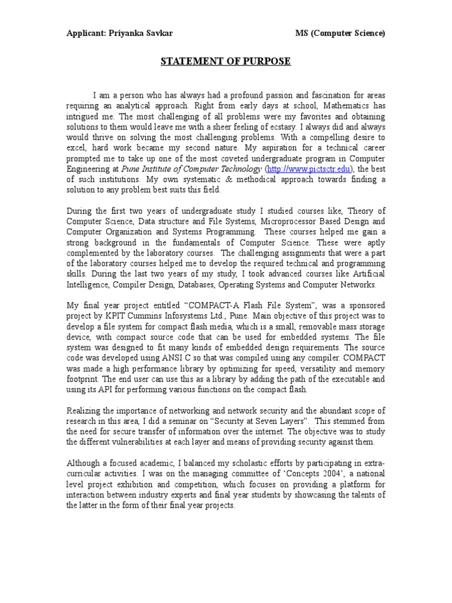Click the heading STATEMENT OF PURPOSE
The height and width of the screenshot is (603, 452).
point(226,61)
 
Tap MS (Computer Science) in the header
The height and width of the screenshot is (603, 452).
point(340,34)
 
